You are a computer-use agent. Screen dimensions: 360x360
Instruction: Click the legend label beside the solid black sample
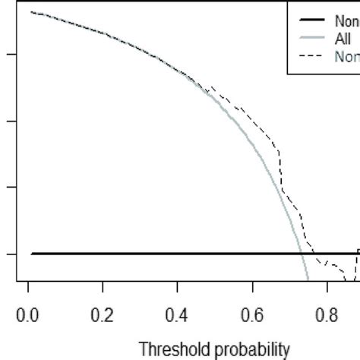click(x=346, y=21)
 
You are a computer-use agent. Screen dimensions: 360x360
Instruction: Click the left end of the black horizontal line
click(x=31, y=253)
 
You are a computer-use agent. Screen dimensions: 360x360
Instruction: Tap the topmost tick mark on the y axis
click(x=10, y=55)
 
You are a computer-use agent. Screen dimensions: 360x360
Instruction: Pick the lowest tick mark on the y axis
click(x=10, y=253)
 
